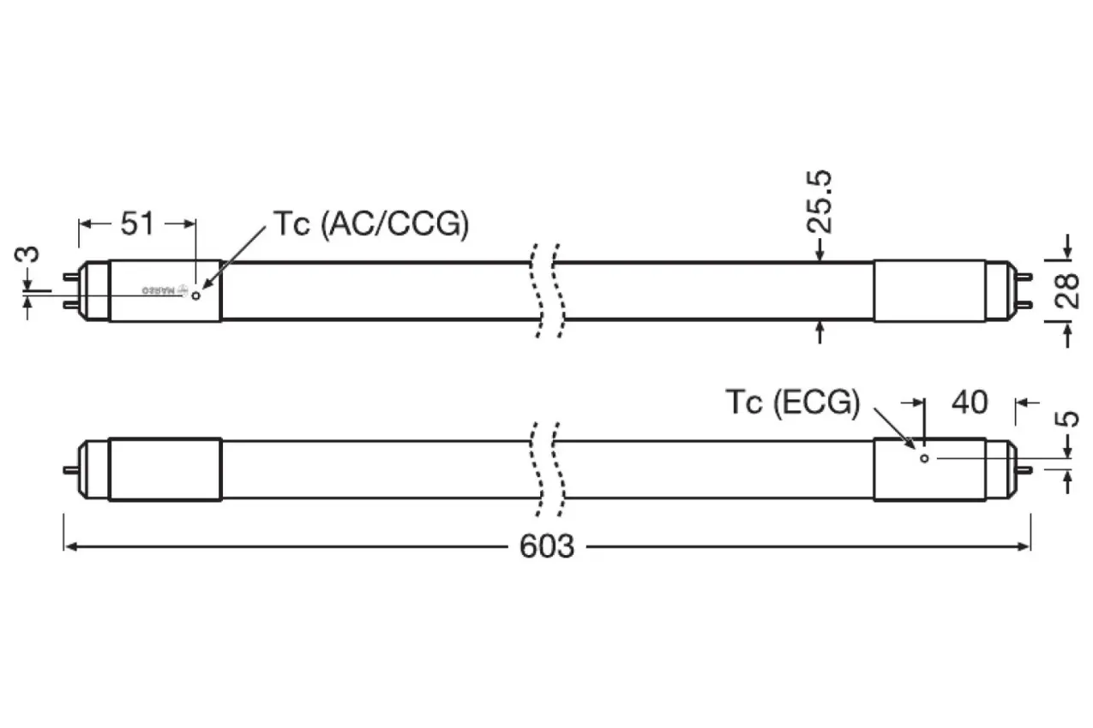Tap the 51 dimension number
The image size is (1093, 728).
tap(137, 224)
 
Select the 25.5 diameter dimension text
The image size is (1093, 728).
tap(820, 202)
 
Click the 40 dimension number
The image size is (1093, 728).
tap(970, 402)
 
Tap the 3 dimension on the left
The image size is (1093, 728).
tap(28, 256)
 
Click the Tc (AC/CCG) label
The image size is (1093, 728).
tap(371, 224)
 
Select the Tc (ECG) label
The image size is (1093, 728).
tap(792, 402)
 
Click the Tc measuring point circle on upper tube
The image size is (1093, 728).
tap(196, 295)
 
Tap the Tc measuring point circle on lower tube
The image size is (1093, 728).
tap(924, 458)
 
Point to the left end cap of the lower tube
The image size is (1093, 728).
tap(165, 469)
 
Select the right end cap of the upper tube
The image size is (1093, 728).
tap(929, 291)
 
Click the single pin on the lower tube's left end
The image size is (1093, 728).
tap(69, 469)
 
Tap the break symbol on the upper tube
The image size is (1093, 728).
tap(546, 291)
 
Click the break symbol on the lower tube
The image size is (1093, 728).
tap(546, 469)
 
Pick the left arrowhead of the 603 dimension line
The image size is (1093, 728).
tap(69, 546)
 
